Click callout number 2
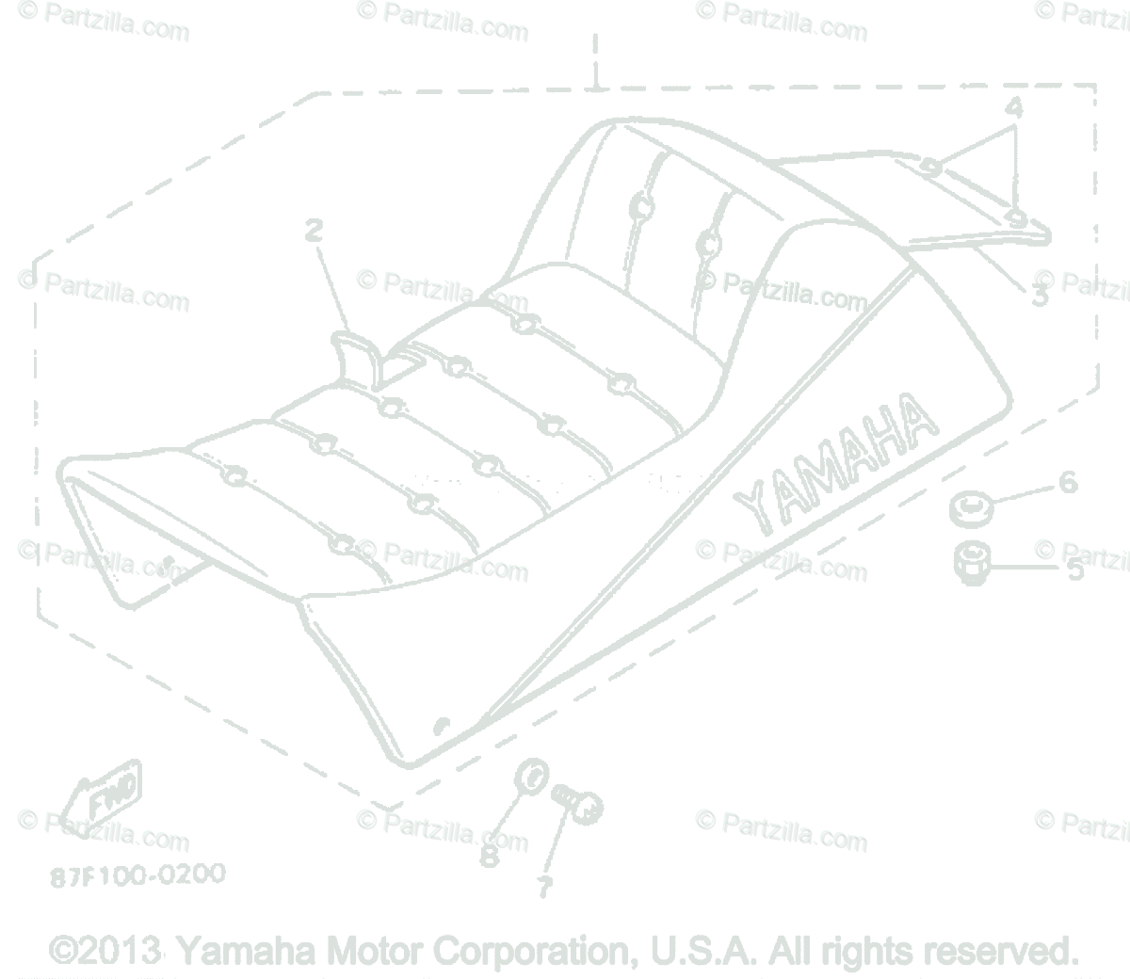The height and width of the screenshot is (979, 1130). click(314, 229)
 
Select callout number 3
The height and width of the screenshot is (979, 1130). click(1039, 297)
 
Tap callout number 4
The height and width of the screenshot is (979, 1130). click(1013, 108)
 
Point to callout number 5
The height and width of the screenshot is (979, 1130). click(1074, 570)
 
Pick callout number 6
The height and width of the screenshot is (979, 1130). click(1067, 482)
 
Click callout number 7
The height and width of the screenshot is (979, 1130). click(544, 886)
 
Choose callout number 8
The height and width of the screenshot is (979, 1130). click(489, 856)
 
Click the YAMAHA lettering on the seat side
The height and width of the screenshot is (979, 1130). click(834, 462)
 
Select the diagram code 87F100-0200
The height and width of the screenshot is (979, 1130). click(138, 875)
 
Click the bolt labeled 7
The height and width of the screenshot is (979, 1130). click(576, 803)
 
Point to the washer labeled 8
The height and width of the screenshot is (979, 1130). click(532, 779)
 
